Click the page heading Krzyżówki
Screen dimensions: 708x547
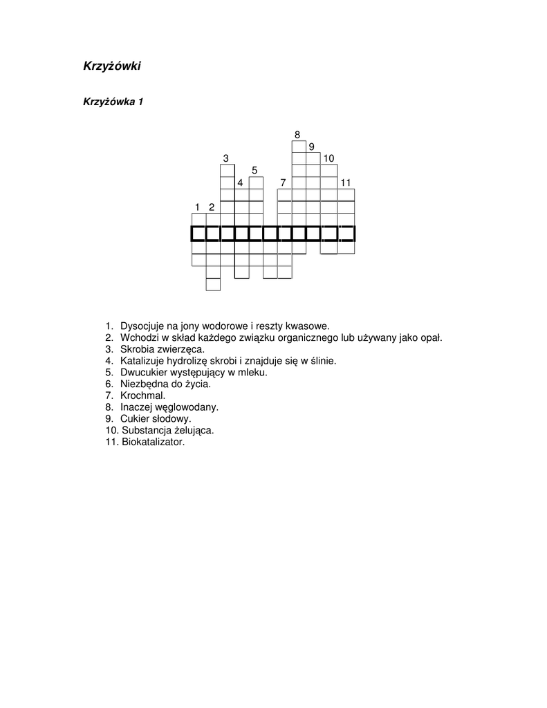[112, 66]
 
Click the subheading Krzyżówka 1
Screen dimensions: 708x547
[113, 102]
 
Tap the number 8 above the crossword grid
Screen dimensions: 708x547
[297, 134]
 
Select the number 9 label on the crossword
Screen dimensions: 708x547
[311, 147]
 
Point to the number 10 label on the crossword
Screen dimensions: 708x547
[328, 159]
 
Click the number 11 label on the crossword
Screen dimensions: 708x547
[346, 183]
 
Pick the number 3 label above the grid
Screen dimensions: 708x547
[225, 159]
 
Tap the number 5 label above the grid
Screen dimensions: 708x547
[254, 170]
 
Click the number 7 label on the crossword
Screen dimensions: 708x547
[282, 183]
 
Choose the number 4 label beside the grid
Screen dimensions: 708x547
[240, 183]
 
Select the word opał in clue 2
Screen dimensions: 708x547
[431, 337]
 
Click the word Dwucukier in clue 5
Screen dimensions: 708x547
[142, 371]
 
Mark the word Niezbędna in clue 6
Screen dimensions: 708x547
[143, 383]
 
